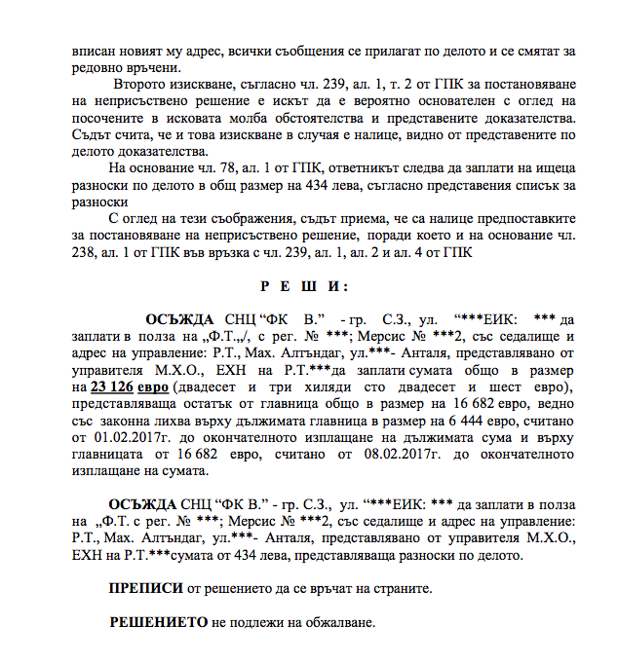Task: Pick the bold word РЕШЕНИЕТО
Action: click(x=155, y=621)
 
